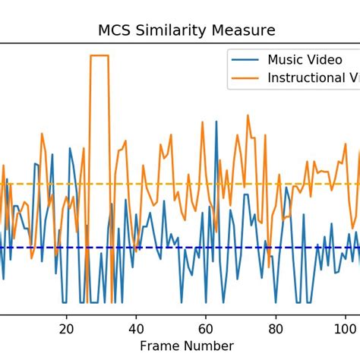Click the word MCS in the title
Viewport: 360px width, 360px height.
(x=115, y=31)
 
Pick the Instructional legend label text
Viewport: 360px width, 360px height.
(x=311, y=77)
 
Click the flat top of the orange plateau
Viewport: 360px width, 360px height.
(x=100, y=55)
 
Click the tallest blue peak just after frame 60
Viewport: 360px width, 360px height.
(x=216, y=123)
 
